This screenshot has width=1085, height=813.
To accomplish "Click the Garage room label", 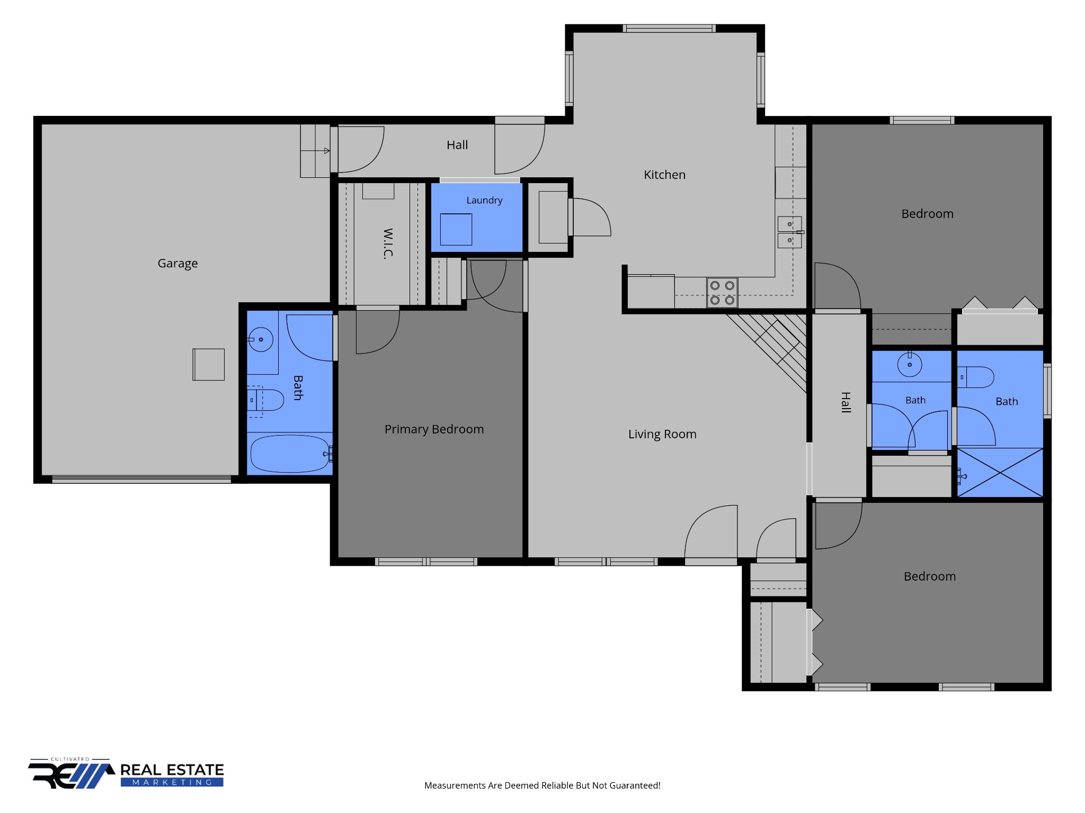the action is click(x=177, y=264).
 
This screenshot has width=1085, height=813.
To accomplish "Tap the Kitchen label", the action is click(x=664, y=175).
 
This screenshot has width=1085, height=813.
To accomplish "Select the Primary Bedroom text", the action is click(x=434, y=429).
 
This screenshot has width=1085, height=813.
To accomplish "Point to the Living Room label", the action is click(x=662, y=434).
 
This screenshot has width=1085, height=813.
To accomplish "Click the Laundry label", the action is click(x=484, y=200).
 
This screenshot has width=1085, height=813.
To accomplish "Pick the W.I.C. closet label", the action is click(x=388, y=243).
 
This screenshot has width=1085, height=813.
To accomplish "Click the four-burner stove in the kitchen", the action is click(x=722, y=293).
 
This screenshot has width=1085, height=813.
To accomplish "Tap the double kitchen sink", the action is click(x=789, y=232).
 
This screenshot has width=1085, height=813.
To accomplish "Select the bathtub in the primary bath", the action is click(x=290, y=454).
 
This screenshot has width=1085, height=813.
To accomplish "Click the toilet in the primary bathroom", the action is click(x=266, y=400).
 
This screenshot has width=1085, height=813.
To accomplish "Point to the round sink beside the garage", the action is click(x=261, y=339).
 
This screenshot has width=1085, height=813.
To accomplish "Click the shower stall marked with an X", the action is click(x=1000, y=473).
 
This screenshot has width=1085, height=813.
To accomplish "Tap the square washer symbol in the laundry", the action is click(x=456, y=229).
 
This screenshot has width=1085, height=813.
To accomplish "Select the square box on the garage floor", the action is click(x=208, y=364).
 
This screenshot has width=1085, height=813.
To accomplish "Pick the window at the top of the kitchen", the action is click(x=669, y=28).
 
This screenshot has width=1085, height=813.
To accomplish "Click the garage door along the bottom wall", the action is click(x=141, y=479).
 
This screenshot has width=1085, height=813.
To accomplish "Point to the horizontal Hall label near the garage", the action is click(x=457, y=145).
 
